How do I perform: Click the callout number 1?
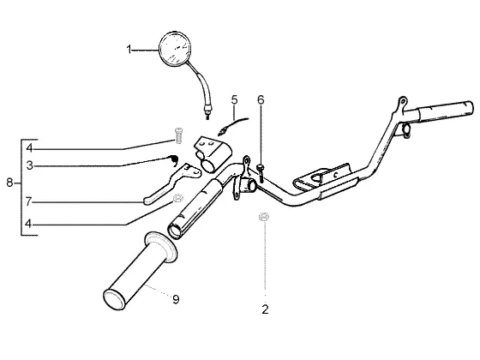point(129,50)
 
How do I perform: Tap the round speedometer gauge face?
point(175,49)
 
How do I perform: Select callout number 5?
point(234,99)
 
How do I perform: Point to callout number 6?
point(261,99)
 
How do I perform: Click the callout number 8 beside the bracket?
point(9,183)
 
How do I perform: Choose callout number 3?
point(29,165)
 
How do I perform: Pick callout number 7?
point(28,201)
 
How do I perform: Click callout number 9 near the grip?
point(176,299)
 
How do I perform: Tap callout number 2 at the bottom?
point(265,309)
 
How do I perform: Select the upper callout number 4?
point(29,148)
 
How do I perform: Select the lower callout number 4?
point(28,224)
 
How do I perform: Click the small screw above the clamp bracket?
point(179,135)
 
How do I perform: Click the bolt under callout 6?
point(261,173)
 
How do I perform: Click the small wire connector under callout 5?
point(222,132)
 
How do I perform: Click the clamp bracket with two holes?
point(213,153)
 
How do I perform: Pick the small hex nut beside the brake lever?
point(177,198)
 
